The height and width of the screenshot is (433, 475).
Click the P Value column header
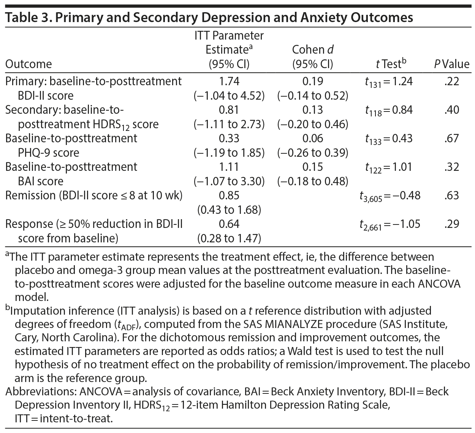pos(451,64)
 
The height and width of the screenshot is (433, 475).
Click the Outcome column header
pos(29,64)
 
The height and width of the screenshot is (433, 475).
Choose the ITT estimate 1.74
pos(229,81)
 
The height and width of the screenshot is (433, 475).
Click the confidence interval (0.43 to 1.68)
pos(229,210)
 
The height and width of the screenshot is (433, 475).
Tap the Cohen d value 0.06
pos(313,138)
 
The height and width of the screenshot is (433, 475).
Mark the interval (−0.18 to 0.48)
pos(313,181)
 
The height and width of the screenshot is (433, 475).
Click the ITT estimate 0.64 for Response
pos(229,224)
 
